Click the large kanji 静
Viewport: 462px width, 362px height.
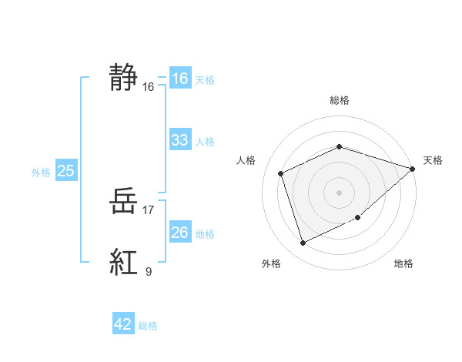(x=124, y=78)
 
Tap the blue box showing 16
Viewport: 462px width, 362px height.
(x=179, y=79)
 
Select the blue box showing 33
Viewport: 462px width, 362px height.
(x=179, y=140)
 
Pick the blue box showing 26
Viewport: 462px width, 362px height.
(x=179, y=232)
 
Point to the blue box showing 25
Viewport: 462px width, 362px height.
(x=65, y=171)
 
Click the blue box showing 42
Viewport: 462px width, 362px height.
(x=123, y=324)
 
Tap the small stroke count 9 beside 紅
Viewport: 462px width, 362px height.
(x=148, y=271)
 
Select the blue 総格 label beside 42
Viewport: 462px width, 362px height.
(x=148, y=326)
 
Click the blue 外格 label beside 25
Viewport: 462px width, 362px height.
(x=41, y=173)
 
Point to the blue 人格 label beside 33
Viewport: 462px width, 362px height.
(x=205, y=142)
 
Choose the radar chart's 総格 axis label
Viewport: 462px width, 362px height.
(x=339, y=100)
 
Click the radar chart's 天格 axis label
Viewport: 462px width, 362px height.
(x=434, y=160)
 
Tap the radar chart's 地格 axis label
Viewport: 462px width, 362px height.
(x=403, y=263)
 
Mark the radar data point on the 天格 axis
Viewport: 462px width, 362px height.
(x=412, y=169)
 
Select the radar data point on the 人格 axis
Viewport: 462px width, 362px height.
(x=281, y=173)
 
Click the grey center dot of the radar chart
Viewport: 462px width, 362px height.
(x=339, y=192)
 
